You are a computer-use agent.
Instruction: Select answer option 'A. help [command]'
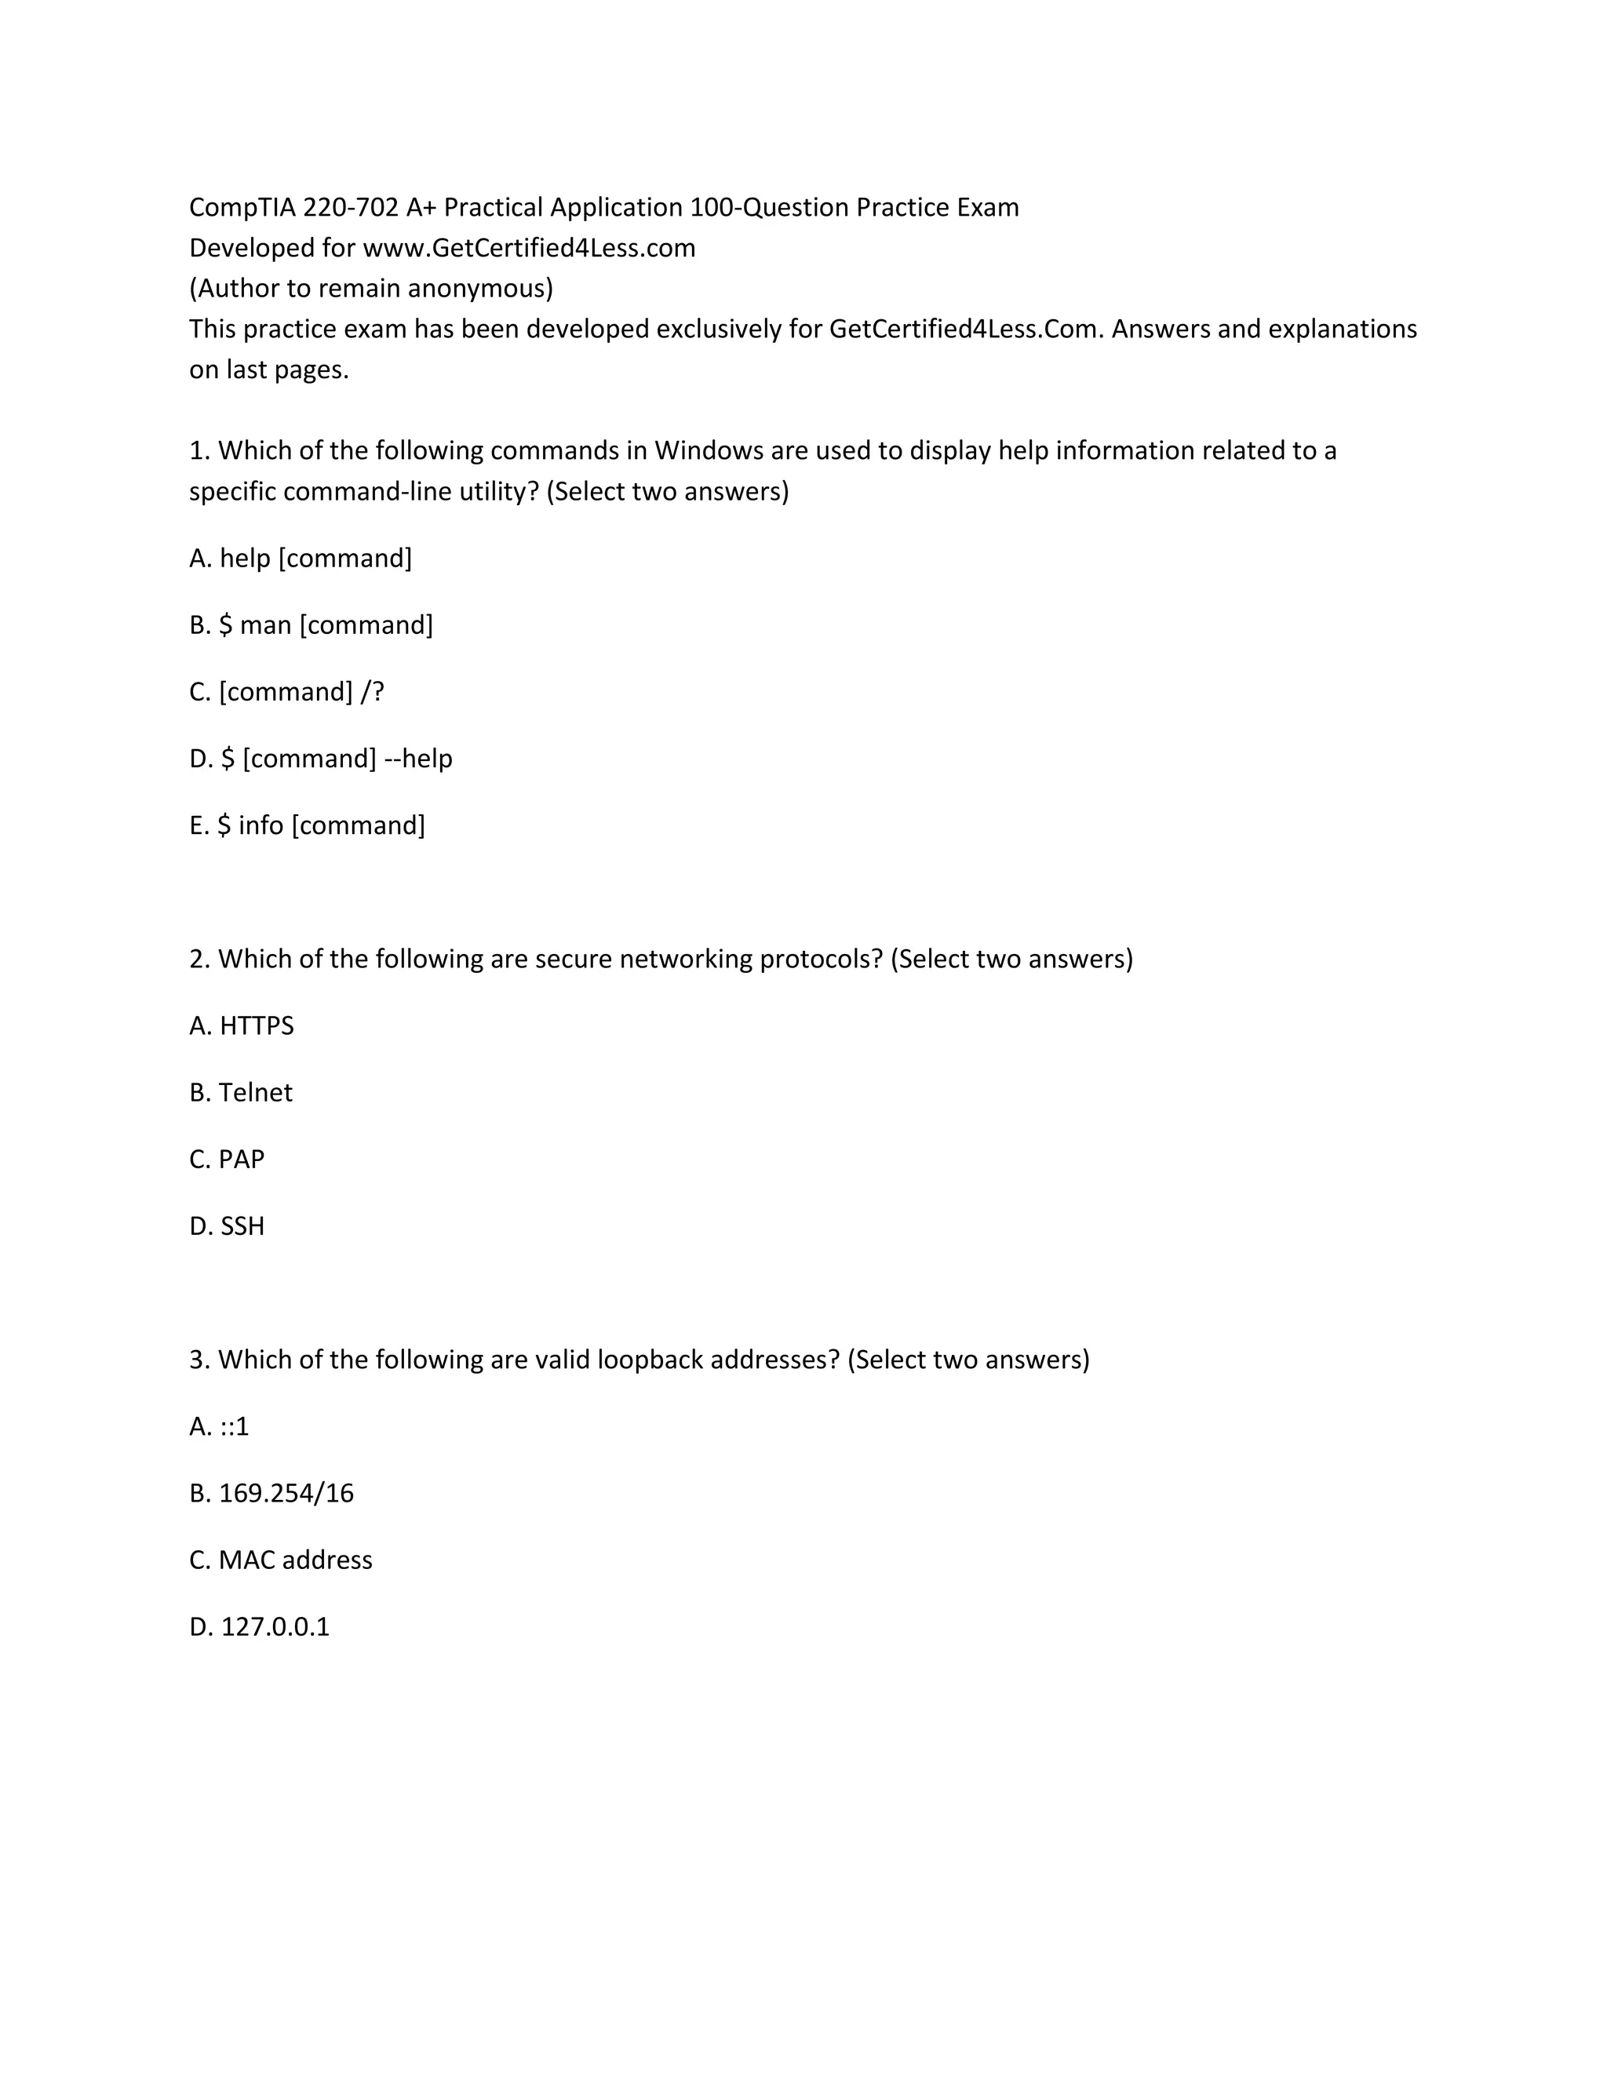point(300,558)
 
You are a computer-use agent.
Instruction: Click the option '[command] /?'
point(286,692)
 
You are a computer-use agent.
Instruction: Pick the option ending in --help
point(321,759)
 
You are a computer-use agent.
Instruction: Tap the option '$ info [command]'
point(307,825)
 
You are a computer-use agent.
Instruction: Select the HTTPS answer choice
point(242,1026)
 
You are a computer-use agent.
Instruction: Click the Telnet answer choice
point(241,1093)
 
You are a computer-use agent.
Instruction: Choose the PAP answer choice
point(227,1160)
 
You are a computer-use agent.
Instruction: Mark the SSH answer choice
point(227,1226)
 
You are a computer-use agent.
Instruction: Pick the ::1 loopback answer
point(219,1427)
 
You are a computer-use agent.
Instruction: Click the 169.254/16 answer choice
point(271,1494)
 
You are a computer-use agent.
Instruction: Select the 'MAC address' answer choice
point(281,1560)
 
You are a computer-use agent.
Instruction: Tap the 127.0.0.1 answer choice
point(259,1627)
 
